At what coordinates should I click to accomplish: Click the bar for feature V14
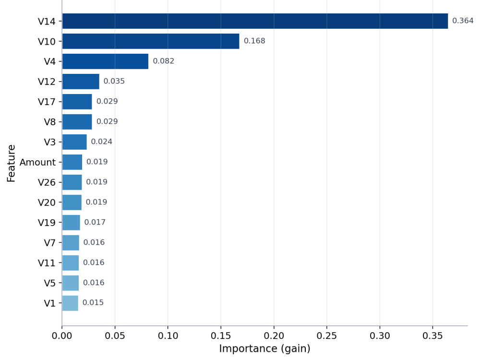pyautogui.click(x=255, y=21)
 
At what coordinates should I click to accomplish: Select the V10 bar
pyautogui.click(x=151, y=41)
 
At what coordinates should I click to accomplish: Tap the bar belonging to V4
pyautogui.click(x=105, y=61)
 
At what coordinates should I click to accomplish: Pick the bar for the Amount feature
pyautogui.click(x=72, y=162)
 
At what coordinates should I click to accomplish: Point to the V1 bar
pyautogui.click(x=70, y=303)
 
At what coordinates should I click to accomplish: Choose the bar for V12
pyautogui.click(x=81, y=82)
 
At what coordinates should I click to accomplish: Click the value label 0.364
pyautogui.click(x=463, y=21)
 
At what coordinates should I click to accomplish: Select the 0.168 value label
pyautogui.click(x=254, y=41)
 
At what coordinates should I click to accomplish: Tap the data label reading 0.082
pyautogui.click(x=164, y=61)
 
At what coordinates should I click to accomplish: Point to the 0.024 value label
pyautogui.click(x=102, y=142)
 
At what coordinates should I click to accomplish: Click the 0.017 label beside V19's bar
pyautogui.click(x=95, y=222)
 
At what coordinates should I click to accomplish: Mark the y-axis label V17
pyautogui.click(x=47, y=102)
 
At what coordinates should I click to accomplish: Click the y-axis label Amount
pyautogui.click(x=37, y=162)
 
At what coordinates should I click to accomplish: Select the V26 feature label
pyautogui.click(x=47, y=182)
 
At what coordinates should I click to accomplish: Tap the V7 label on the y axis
pyautogui.click(x=49, y=243)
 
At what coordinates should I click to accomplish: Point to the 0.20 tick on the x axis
pyautogui.click(x=274, y=336)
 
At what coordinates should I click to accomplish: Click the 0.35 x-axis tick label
pyautogui.click(x=433, y=336)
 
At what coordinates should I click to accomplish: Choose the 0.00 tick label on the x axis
pyautogui.click(x=62, y=336)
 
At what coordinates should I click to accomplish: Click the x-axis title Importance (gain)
pyautogui.click(x=265, y=348)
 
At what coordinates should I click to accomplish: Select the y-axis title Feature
pyautogui.click(x=11, y=164)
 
